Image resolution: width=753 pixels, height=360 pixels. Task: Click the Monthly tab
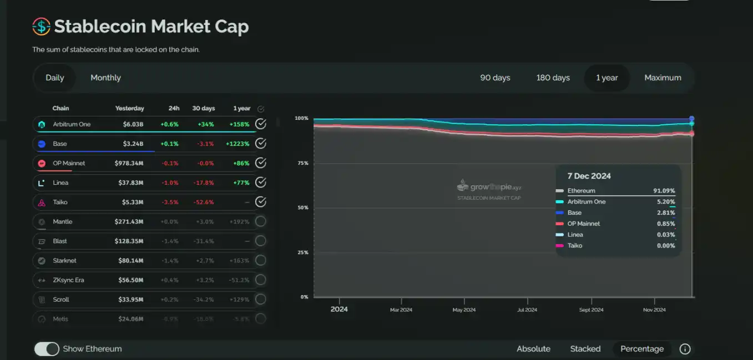tap(105, 78)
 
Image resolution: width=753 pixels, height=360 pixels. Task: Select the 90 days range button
tap(495, 78)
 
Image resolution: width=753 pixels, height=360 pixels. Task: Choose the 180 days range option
tap(553, 78)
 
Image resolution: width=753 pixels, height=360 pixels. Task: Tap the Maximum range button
tap(663, 78)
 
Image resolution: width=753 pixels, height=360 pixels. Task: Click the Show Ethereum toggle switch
tap(47, 349)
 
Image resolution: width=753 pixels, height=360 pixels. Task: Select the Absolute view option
tap(533, 349)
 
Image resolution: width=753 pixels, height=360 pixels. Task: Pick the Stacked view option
tap(585, 349)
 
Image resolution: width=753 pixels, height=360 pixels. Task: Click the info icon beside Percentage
tap(685, 349)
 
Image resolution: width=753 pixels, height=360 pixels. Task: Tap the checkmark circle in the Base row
tap(260, 144)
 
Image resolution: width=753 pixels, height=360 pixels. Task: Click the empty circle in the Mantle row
tap(260, 221)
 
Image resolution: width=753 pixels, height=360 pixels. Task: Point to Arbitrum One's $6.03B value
tap(133, 124)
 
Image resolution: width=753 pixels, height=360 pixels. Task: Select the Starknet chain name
tap(64, 260)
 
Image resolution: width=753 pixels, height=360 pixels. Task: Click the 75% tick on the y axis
tap(302, 163)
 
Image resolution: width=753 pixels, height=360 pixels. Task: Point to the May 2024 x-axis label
tap(464, 310)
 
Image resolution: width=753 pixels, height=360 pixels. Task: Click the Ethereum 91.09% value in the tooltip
tap(664, 191)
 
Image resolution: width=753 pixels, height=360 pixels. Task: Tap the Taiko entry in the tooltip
tap(575, 245)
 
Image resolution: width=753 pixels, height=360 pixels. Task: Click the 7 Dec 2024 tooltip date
tap(589, 176)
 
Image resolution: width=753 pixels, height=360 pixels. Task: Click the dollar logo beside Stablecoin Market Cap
tap(42, 26)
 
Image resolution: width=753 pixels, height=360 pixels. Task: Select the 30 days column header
tap(203, 108)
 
